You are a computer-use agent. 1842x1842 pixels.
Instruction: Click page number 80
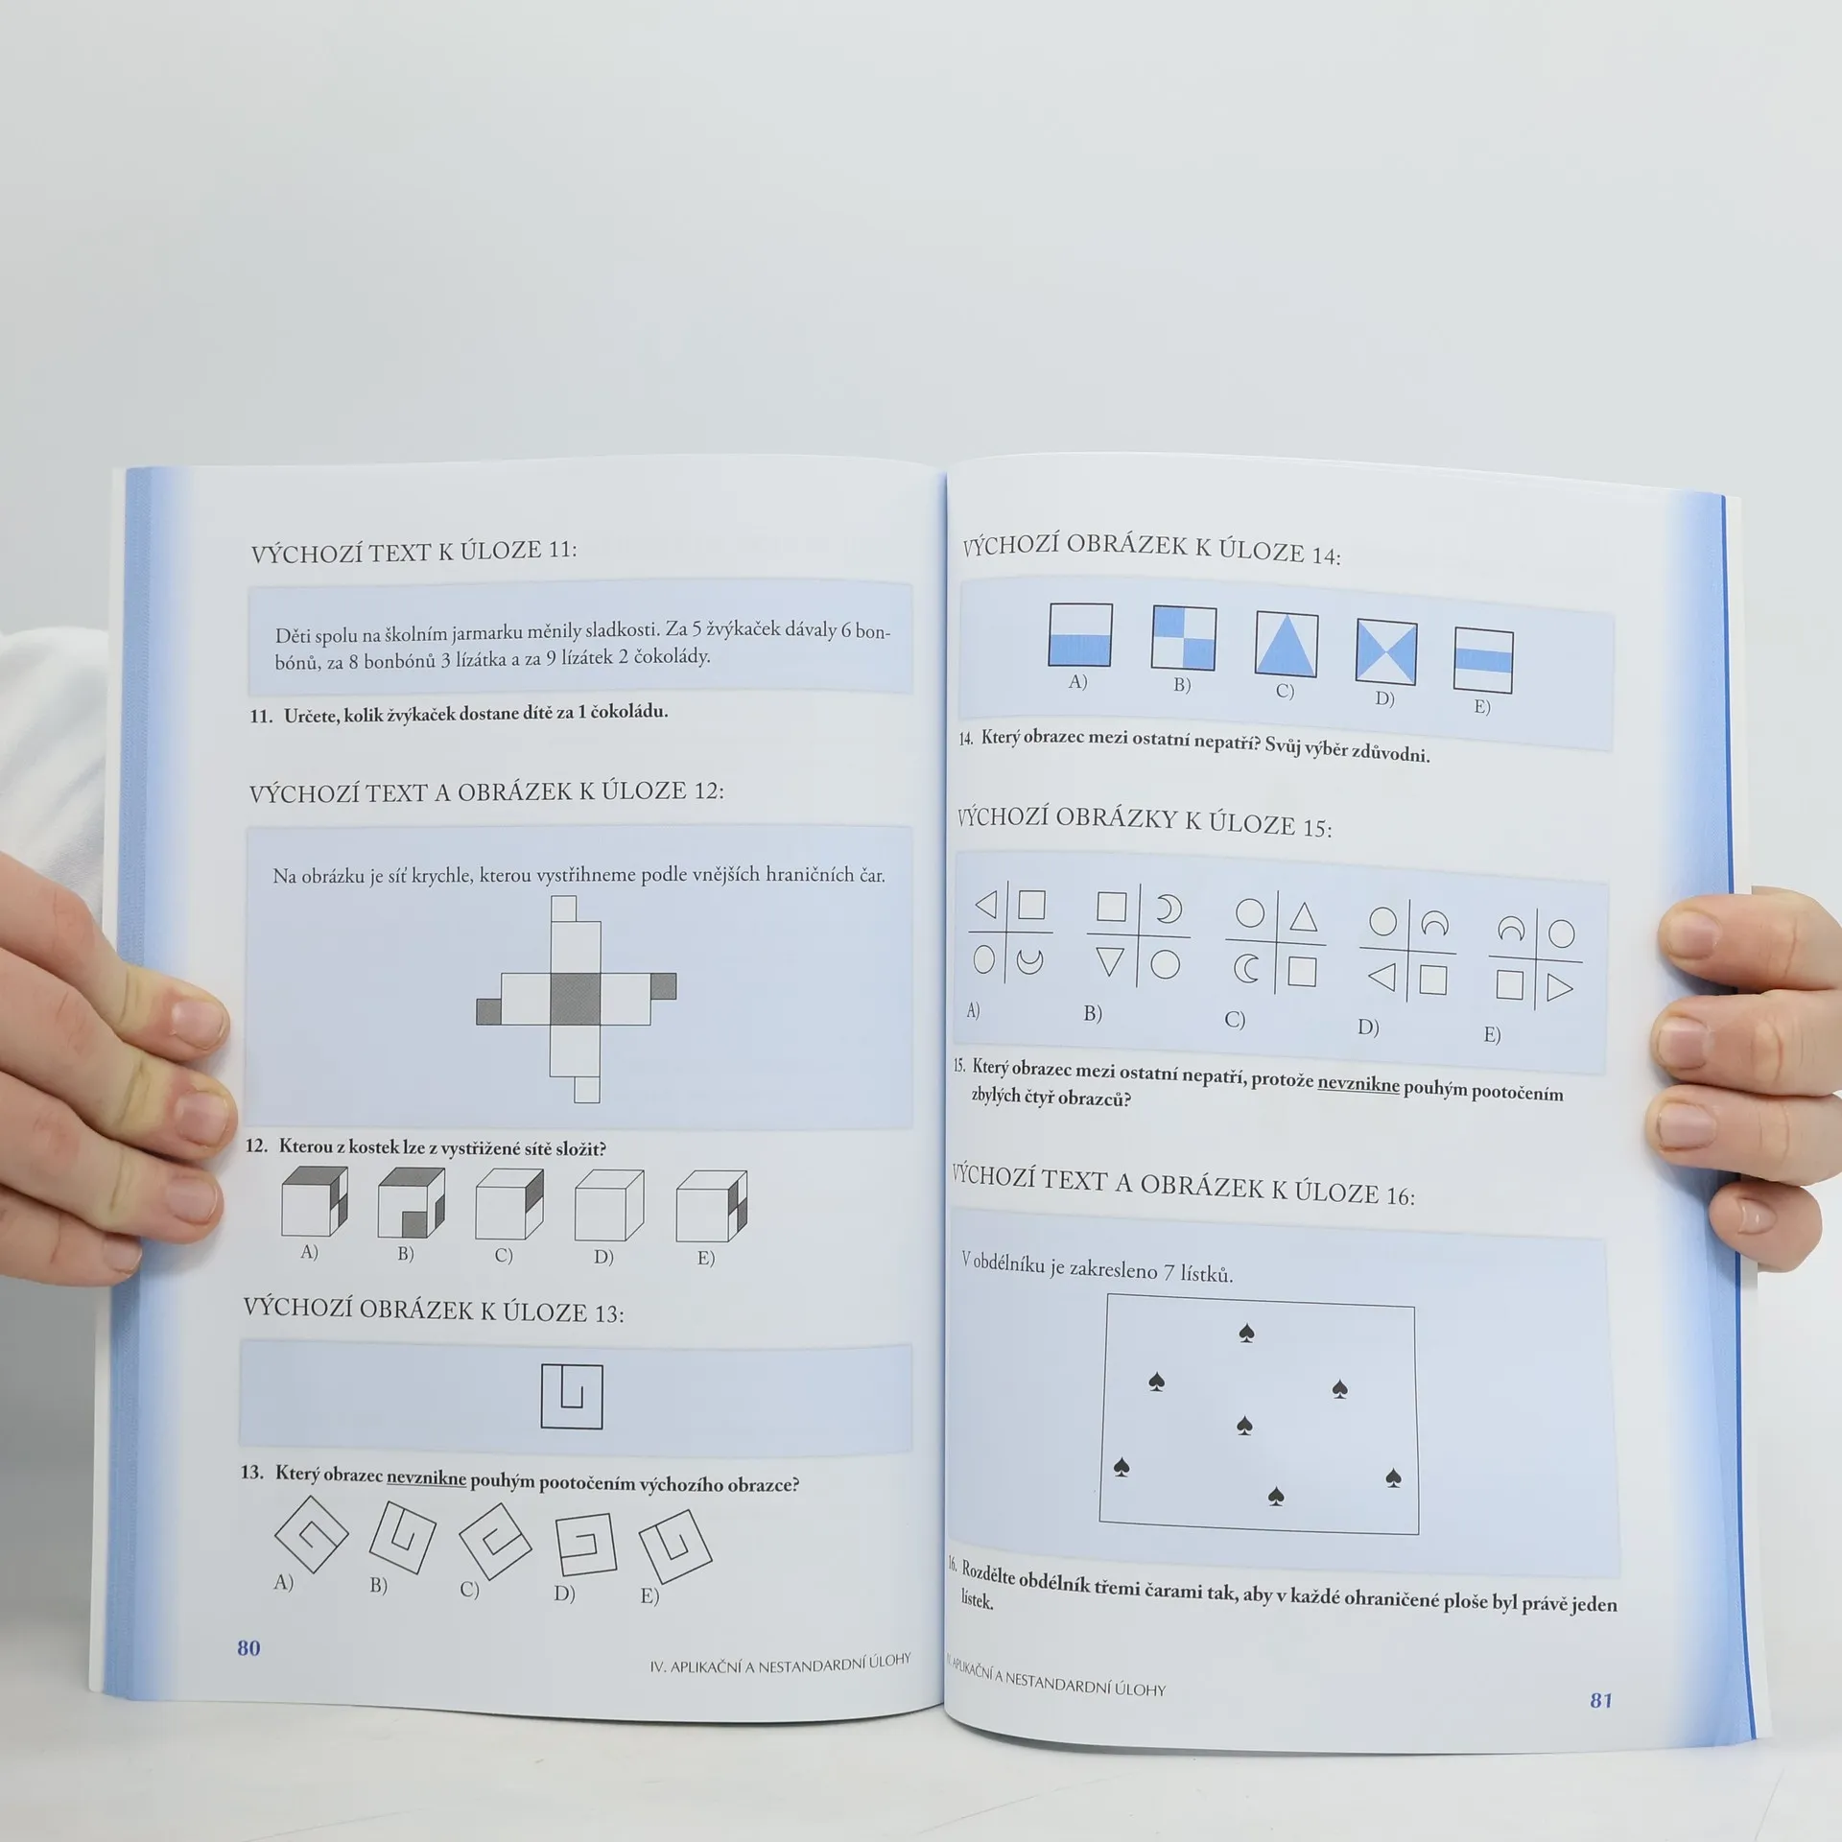coord(248,1647)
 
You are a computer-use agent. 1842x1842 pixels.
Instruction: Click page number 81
coord(1601,1700)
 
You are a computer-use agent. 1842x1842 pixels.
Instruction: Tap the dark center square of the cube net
coord(575,999)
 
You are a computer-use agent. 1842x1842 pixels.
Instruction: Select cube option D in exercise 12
coord(608,1205)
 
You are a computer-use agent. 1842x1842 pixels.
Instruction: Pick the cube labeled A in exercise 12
coord(314,1201)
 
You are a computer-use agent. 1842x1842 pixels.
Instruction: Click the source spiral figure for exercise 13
coord(572,1396)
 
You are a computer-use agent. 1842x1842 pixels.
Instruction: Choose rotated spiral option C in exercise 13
coord(495,1541)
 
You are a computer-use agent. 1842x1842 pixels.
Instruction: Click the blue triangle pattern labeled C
coord(1286,645)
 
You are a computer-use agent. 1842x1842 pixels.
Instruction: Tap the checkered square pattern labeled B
coord(1184,637)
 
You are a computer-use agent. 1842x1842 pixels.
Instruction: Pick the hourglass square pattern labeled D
coord(1386,652)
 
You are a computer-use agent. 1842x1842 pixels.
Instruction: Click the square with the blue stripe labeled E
coord(1483,660)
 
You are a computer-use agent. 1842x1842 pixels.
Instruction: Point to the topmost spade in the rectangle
coord(1246,1333)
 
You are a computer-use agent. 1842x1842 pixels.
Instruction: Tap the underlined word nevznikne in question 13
coord(426,1477)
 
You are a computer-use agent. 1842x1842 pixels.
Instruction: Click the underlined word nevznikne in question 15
coord(1358,1083)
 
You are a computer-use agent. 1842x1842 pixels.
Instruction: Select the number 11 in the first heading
coord(559,550)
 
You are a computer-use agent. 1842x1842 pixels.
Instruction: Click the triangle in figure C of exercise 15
coord(1303,917)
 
